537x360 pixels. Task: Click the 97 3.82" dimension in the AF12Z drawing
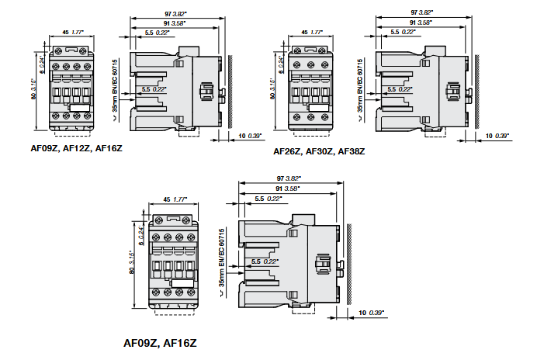tap(187, 13)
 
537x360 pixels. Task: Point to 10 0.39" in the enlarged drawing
tap(372, 312)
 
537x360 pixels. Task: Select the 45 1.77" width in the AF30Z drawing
tap(311, 33)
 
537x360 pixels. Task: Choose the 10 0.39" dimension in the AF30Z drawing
tap(497, 136)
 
